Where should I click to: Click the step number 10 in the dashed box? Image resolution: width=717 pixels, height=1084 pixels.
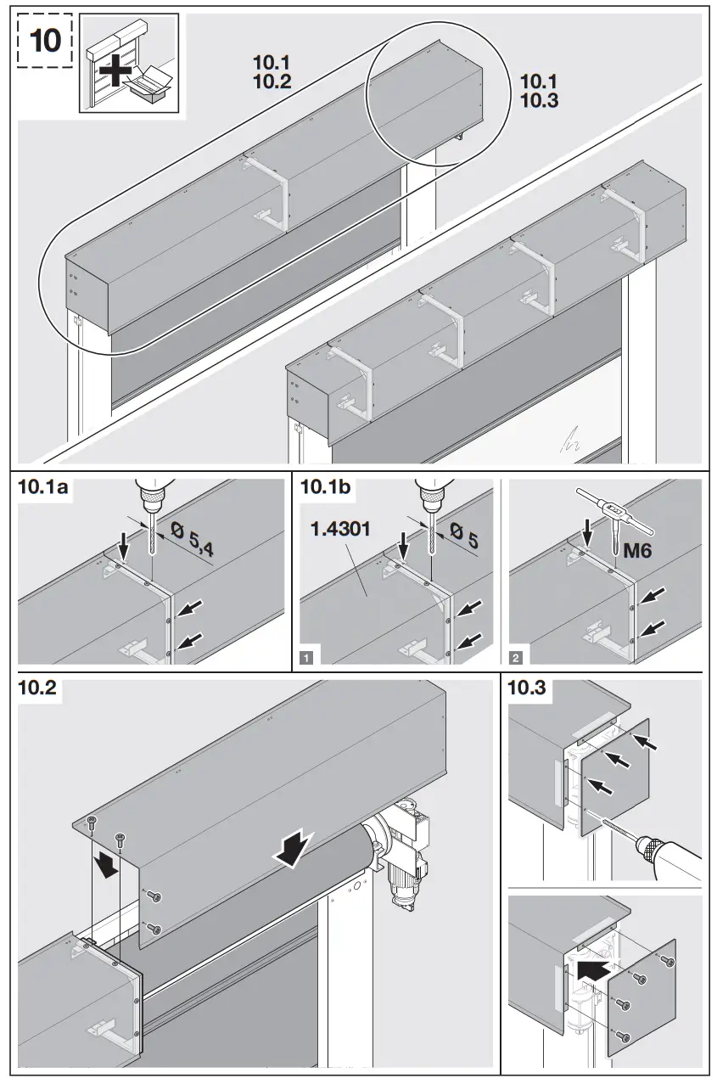tap(44, 41)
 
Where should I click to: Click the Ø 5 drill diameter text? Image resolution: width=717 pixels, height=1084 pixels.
tap(466, 539)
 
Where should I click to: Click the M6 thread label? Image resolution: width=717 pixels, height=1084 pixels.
tap(639, 552)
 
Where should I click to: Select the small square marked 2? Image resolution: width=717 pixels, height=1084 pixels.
tap(516, 656)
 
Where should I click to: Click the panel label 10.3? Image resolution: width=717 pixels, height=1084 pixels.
tap(526, 688)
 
